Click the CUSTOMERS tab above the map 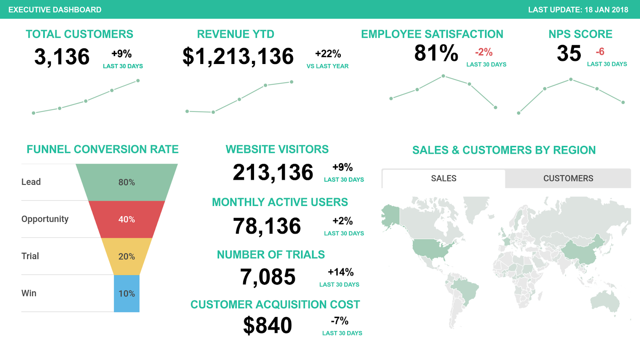click(568, 178)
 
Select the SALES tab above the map click(444, 178)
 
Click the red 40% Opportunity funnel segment click(126, 219)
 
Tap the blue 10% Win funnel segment click(126, 294)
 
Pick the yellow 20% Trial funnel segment click(126, 256)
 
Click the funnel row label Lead click(31, 182)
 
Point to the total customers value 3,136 click(62, 56)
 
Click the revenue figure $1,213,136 click(238, 56)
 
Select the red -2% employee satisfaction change click(484, 52)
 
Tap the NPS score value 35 click(569, 53)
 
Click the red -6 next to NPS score click(600, 52)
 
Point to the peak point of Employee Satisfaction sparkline click(443, 76)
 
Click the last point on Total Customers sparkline click(138, 81)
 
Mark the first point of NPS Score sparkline click(519, 113)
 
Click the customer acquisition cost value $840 click(268, 325)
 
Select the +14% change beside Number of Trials click(340, 272)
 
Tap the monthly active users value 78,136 click(267, 226)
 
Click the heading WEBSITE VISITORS click(277, 149)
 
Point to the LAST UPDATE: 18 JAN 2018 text click(578, 10)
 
